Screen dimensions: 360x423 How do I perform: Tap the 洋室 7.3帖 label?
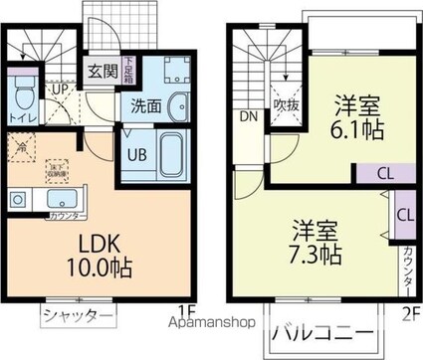click(317, 243)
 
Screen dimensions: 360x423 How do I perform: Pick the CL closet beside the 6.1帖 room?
click(382, 174)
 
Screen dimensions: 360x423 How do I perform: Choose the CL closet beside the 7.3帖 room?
click(404, 215)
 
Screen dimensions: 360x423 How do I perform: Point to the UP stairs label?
click(60, 89)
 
